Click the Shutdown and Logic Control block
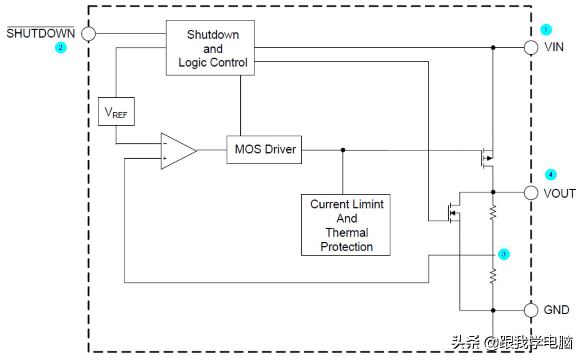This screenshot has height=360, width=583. point(210,48)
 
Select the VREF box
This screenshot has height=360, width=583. point(116,111)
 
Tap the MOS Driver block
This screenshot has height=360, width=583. point(264,150)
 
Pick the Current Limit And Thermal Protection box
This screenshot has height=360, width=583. point(345,225)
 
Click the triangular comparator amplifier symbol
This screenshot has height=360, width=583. point(177,151)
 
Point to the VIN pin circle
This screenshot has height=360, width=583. point(531,48)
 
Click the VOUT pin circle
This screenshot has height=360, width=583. point(531,193)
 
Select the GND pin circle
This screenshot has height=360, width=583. point(531,310)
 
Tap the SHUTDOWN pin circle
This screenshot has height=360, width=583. point(89,34)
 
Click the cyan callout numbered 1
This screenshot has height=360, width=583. point(546,30)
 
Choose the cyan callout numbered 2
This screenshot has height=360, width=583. point(61,48)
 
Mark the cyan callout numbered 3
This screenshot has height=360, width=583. point(504,254)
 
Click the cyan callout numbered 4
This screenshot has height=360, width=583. point(551,174)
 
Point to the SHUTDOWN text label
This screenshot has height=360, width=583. point(41,33)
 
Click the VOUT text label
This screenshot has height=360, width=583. point(559,193)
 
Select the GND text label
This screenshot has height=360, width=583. point(556,310)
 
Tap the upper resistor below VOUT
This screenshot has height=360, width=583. point(493,213)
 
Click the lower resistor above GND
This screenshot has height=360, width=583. point(493,276)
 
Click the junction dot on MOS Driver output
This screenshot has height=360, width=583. point(343,150)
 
